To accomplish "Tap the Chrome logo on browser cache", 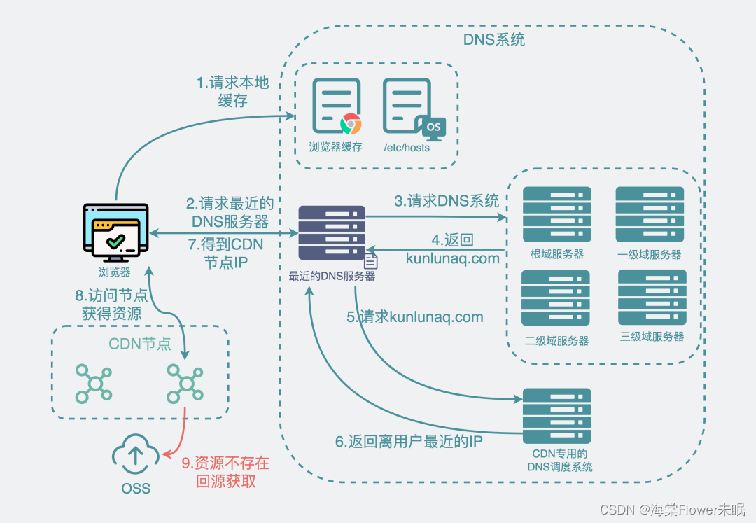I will point(351,124).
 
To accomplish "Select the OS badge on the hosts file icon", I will point(433,127).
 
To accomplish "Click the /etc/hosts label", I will point(407,148).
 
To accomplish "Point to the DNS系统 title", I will point(493,40).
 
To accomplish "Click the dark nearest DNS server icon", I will point(332,233).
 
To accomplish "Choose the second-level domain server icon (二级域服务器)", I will point(556,298).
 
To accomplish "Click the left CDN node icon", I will point(93,383).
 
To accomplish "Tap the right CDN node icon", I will point(185,383).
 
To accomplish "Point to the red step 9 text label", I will point(225,473).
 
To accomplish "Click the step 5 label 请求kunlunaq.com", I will point(415,317).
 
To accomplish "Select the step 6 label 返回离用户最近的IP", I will point(409,442).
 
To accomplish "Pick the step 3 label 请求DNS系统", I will point(447,201).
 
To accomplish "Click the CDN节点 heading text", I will point(140,344).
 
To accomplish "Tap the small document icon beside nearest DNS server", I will point(371,262).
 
